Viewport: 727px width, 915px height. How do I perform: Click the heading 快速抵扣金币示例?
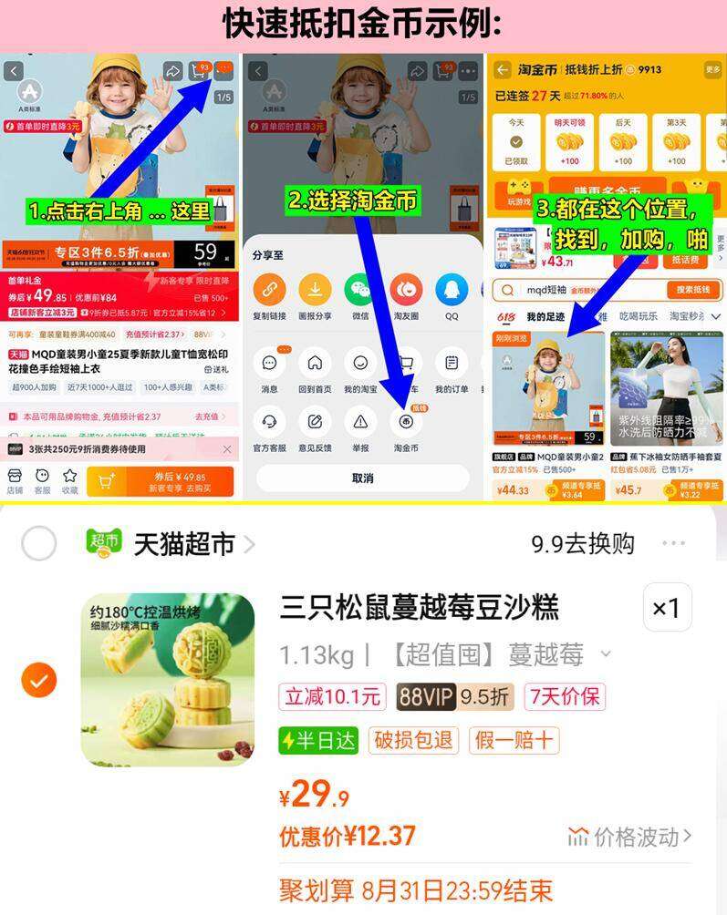tap(362, 24)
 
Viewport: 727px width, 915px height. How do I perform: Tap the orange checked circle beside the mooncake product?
tap(38, 679)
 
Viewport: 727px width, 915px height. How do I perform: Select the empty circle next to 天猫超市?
tap(38, 544)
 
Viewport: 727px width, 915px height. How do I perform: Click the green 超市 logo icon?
tap(104, 544)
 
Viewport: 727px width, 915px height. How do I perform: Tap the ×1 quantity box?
tap(667, 608)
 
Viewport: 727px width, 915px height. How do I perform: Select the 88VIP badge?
tap(426, 697)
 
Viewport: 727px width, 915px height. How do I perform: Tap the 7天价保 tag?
tap(566, 697)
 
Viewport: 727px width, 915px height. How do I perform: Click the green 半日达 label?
tap(318, 740)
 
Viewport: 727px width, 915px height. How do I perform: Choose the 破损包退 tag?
tap(413, 740)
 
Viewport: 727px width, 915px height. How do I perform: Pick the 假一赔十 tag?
tap(514, 740)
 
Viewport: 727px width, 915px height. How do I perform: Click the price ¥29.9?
tap(315, 796)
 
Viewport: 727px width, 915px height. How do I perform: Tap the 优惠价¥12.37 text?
tap(348, 836)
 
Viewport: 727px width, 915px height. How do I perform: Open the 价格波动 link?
tap(629, 836)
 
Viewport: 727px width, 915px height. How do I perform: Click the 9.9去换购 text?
tap(582, 544)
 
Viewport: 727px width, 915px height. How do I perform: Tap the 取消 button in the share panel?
tap(362, 478)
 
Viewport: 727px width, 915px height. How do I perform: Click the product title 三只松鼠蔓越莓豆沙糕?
tap(419, 608)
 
